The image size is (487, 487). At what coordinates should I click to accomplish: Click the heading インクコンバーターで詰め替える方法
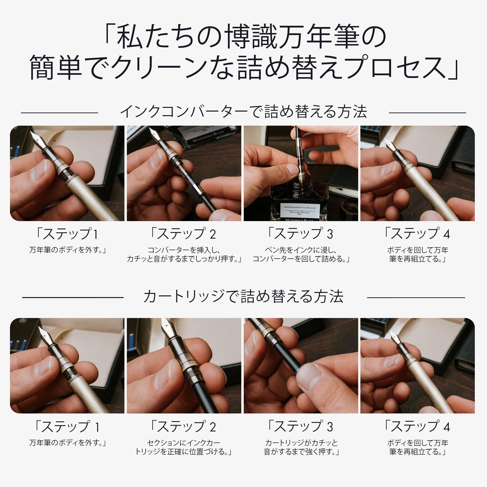coord(243,112)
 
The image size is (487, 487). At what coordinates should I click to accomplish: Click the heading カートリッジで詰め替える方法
coord(243,296)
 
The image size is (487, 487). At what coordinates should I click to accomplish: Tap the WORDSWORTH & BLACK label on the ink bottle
coord(300,208)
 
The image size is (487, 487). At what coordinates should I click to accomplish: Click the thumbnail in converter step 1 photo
coord(38,170)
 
